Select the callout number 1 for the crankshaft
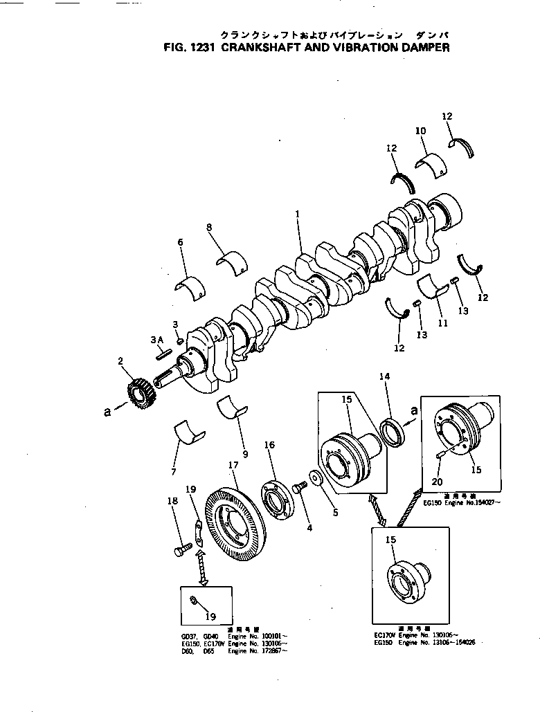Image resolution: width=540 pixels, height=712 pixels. [297, 215]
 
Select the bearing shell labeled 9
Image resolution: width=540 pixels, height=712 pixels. [231, 408]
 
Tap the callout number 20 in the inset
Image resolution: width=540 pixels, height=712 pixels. [437, 482]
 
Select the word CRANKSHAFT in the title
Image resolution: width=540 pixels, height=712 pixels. [259, 48]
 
